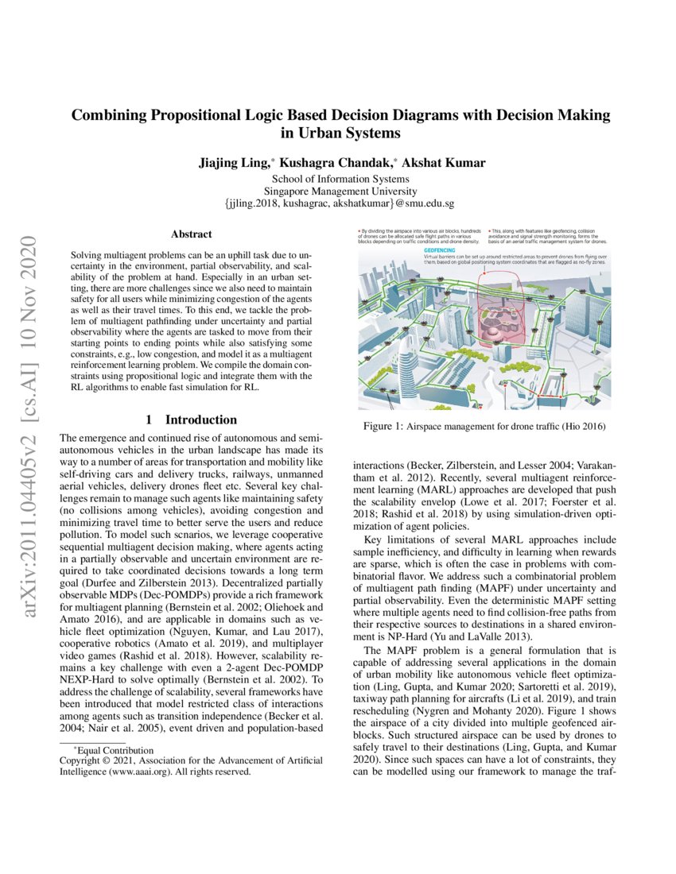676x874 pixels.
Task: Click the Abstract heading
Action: (192, 234)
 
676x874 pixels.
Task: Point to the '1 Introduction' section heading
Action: (192, 420)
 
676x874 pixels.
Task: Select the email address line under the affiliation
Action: (340, 203)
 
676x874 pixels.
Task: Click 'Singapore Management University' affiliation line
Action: (340, 191)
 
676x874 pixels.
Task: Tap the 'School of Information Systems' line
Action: (340, 180)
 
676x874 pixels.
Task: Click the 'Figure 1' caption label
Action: (385, 427)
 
